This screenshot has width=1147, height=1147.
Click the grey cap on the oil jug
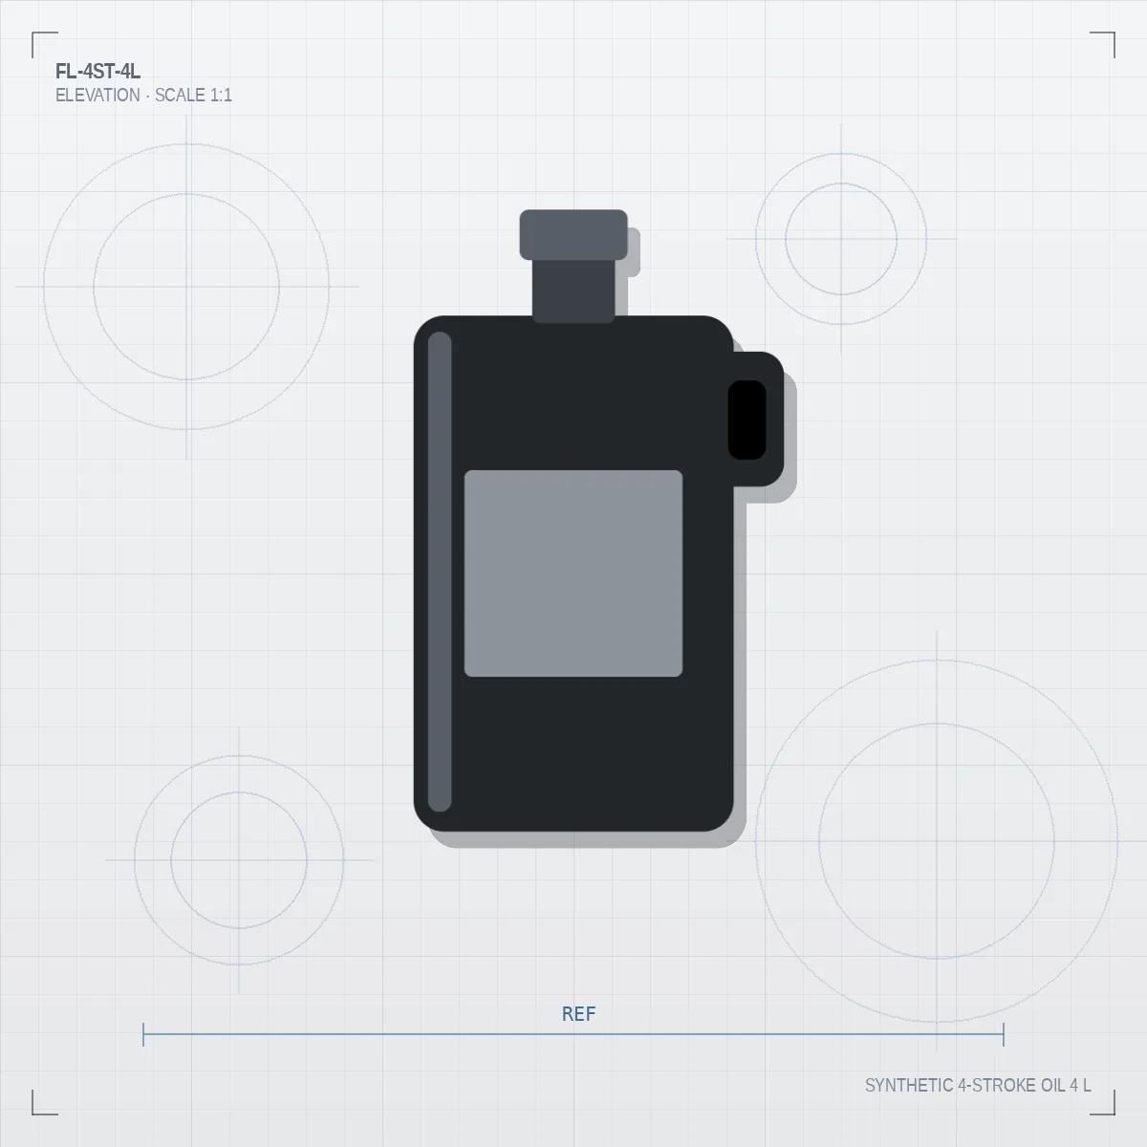pyautogui.click(x=573, y=234)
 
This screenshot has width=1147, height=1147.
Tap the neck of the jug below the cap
pyautogui.click(x=573, y=291)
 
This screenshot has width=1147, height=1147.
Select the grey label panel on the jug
pyautogui.click(x=573, y=573)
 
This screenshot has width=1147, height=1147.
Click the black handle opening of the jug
pyautogui.click(x=747, y=420)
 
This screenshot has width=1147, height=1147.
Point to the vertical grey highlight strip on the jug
pyautogui.click(x=440, y=572)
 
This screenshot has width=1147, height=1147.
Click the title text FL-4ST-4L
pyautogui.click(x=98, y=72)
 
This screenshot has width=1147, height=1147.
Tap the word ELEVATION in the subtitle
pyautogui.click(x=97, y=96)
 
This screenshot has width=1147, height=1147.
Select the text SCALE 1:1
pyautogui.click(x=193, y=96)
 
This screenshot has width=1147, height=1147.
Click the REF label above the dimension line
pyautogui.click(x=578, y=1014)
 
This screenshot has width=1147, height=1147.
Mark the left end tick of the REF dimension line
pyautogui.click(x=143, y=1034)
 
